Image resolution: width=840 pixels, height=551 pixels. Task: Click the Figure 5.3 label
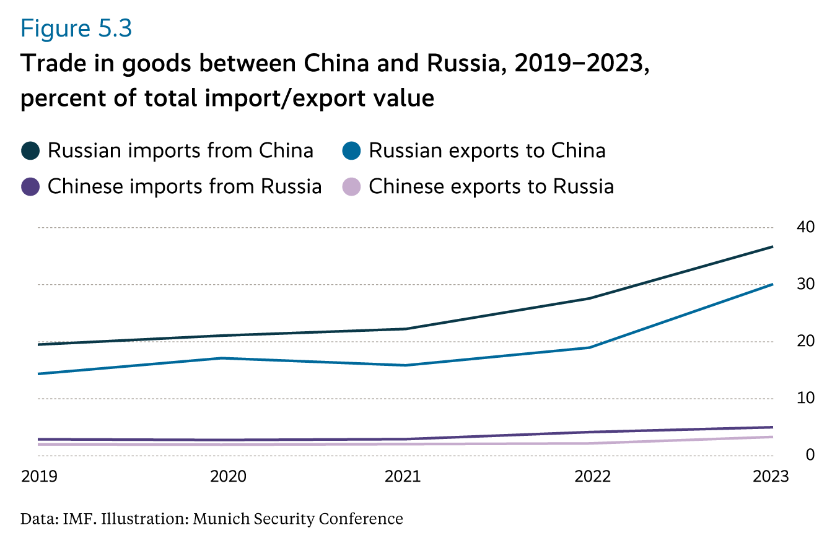tap(76, 29)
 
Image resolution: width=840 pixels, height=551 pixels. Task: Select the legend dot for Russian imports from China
tap(30, 150)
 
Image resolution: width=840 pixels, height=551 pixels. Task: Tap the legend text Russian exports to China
tap(487, 150)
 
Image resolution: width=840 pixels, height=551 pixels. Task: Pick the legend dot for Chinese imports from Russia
tap(30, 186)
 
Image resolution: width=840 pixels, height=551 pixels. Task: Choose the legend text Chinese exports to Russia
tap(491, 186)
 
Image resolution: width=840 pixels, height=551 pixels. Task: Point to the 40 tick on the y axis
tap(805, 227)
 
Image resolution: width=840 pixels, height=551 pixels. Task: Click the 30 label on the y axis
tap(805, 284)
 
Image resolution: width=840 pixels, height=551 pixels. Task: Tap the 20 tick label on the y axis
tap(805, 341)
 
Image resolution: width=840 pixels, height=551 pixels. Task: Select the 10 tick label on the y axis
tap(805, 398)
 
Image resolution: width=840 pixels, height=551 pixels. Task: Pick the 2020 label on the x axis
tap(229, 477)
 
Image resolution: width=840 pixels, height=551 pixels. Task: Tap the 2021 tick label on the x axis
tap(403, 477)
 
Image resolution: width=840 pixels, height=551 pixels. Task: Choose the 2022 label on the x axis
tap(593, 477)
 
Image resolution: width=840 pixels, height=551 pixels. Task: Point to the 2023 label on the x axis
tap(771, 477)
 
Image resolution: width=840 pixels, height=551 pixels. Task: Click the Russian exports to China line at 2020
tap(222, 358)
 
